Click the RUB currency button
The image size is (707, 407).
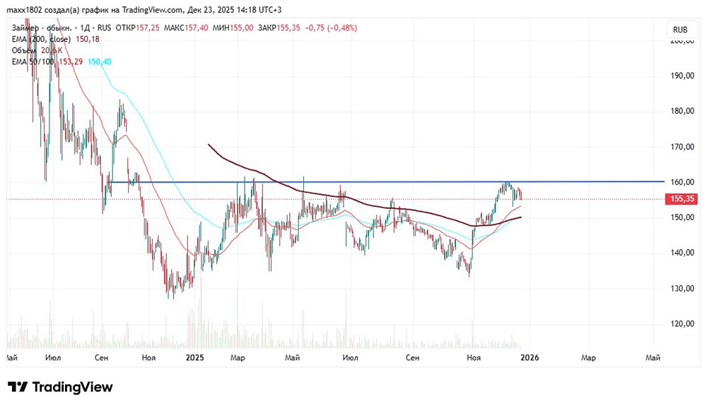[x=680, y=30]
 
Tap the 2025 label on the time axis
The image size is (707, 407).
[x=194, y=358]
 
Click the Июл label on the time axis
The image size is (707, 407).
[x=52, y=358]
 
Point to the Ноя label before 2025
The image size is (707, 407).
[x=148, y=358]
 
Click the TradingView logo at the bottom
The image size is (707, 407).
[x=61, y=387]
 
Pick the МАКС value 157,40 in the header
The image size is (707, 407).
[x=196, y=28]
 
